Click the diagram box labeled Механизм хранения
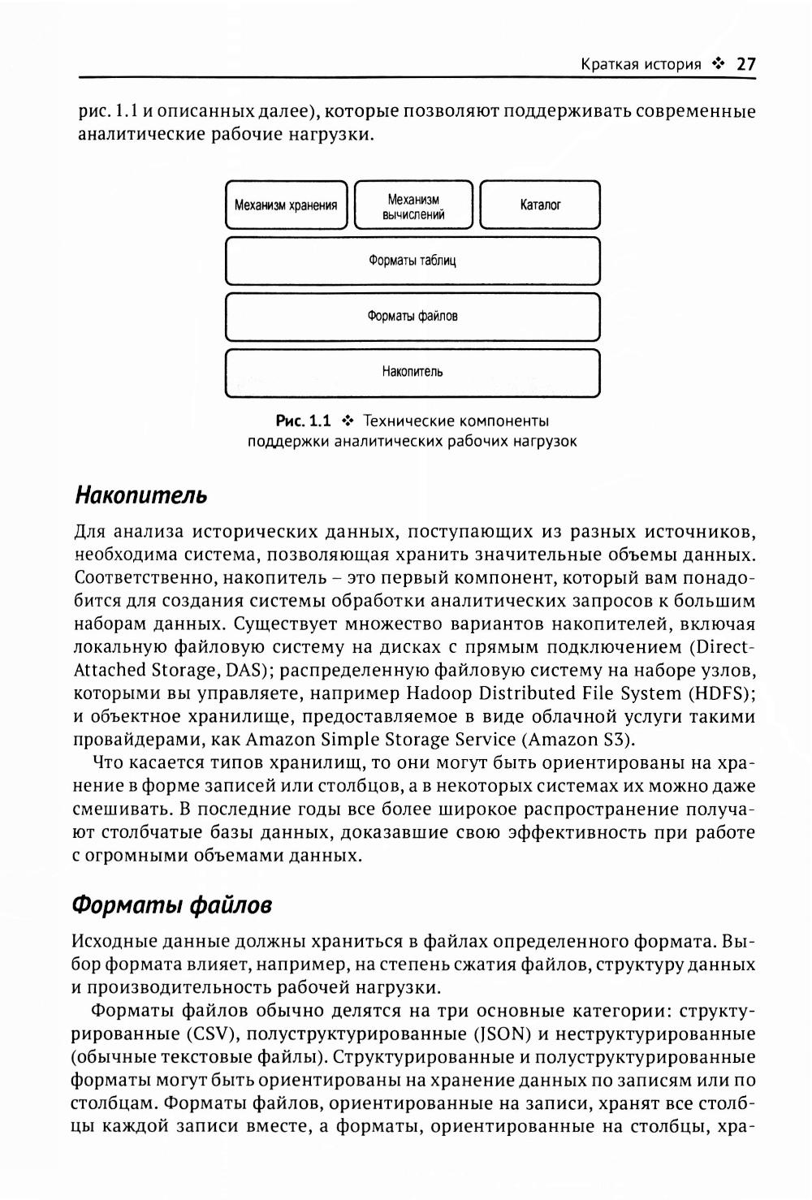286,205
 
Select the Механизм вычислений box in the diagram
413,205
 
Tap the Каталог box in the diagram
541,205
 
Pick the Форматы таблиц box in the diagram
412,261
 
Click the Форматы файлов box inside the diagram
412,317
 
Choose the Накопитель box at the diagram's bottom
412,373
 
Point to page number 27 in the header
745,64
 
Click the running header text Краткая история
641,64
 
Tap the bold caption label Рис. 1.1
304,421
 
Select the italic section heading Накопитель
140,494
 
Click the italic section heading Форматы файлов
172,904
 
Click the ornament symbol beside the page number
718,64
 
